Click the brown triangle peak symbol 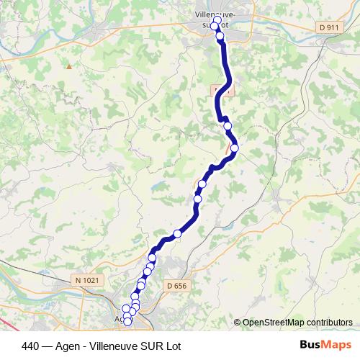click(69, 66)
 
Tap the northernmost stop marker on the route click(217, 21)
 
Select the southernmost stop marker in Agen click(128, 321)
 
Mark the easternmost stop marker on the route click(234, 148)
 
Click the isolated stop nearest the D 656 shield click(176, 233)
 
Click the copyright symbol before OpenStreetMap click(238, 323)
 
